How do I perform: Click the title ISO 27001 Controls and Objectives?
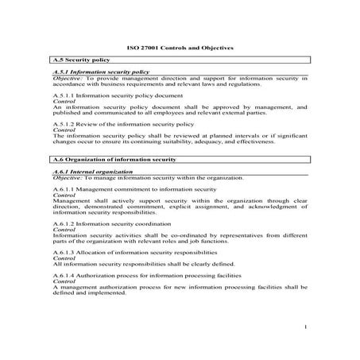coord(180,47)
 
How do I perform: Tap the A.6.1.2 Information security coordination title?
coord(118,224)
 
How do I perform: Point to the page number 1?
coord(305,327)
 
